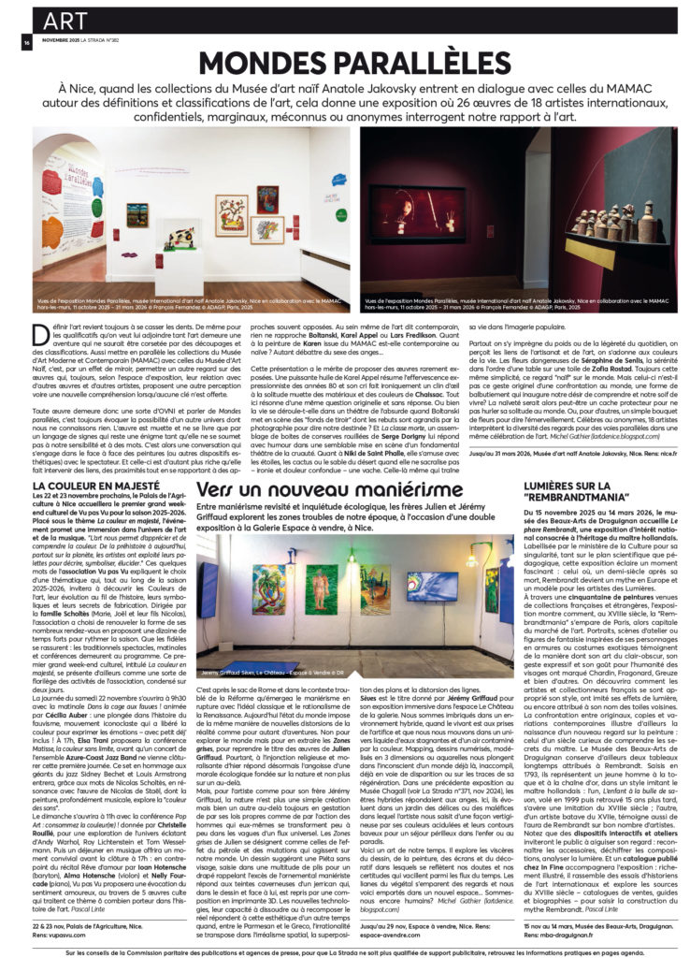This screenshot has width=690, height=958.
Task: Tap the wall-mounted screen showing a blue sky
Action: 432,586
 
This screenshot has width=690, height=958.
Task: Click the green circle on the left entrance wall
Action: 50,204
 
